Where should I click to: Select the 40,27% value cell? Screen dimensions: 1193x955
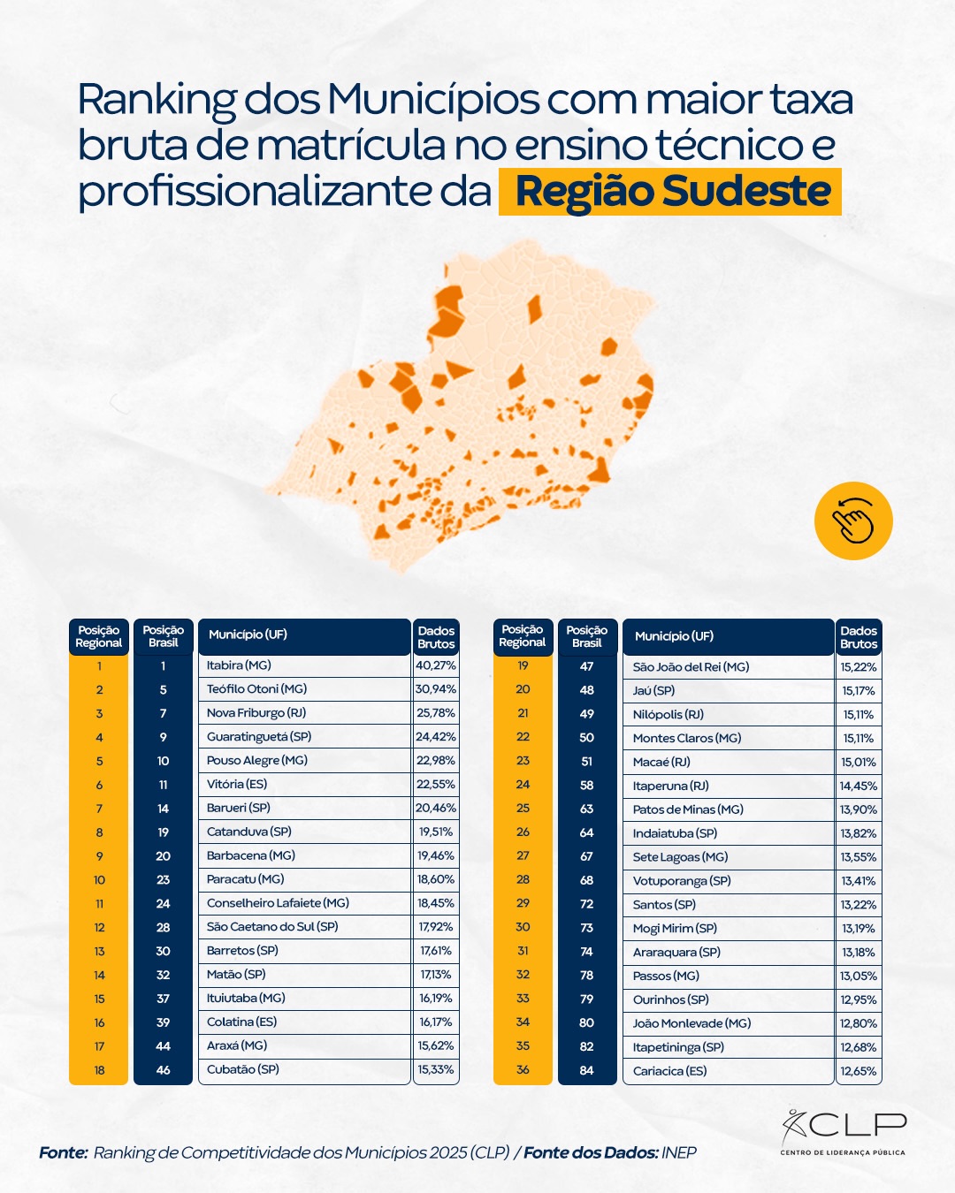click(x=436, y=665)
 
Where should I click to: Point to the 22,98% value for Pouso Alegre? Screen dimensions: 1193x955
click(x=436, y=761)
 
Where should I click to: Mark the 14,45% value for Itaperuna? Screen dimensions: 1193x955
click(x=859, y=786)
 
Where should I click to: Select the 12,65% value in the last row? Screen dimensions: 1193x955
click(x=859, y=1071)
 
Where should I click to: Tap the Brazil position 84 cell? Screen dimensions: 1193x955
click(x=587, y=1070)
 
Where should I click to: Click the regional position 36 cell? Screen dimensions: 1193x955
click(x=523, y=1070)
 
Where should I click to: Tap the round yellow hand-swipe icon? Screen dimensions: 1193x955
click(x=853, y=521)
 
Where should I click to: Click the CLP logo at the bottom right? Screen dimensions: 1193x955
click(x=844, y=1131)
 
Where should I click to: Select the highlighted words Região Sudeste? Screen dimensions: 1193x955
click(x=672, y=192)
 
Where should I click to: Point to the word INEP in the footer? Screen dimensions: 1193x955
click(x=679, y=1152)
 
